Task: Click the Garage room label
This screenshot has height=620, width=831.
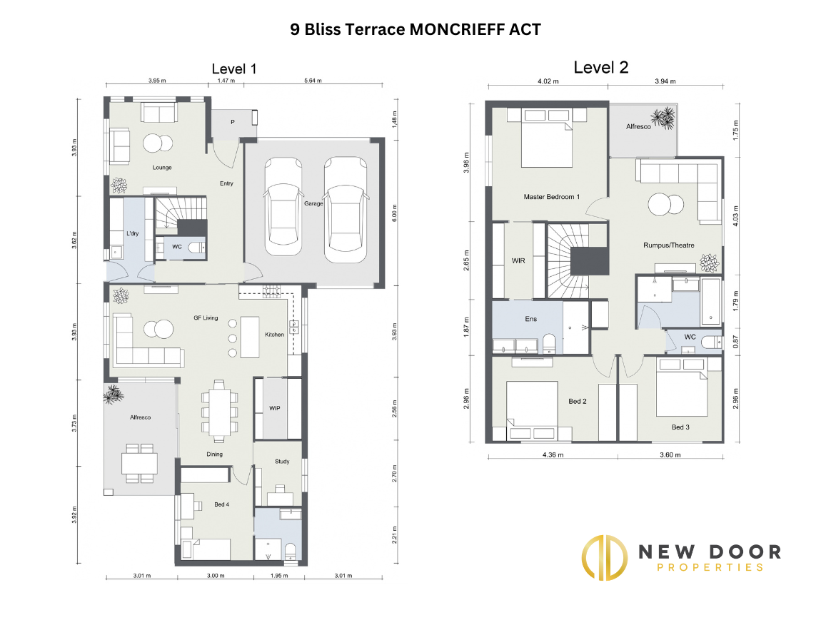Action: [x=313, y=203]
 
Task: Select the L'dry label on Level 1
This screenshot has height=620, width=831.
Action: [x=133, y=233]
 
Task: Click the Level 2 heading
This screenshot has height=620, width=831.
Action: [x=601, y=67]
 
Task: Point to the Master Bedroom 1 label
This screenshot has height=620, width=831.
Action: [x=552, y=196]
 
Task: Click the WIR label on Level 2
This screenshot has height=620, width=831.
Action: [x=518, y=260]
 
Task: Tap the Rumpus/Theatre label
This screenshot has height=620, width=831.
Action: [x=669, y=245]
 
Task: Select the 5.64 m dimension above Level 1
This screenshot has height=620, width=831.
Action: [x=313, y=81]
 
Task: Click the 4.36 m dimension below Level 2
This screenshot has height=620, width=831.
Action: [x=553, y=454]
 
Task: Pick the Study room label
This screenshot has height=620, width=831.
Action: [x=282, y=461]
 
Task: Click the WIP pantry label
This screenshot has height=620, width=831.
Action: [x=275, y=408]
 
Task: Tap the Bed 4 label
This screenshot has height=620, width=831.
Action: [x=221, y=504]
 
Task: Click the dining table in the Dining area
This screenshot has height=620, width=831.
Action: [x=219, y=412]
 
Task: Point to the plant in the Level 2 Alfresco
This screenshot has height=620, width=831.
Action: [x=663, y=118]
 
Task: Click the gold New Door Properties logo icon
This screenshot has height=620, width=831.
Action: [x=605, y=557]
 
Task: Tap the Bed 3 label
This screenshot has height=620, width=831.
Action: [x=680, y=427]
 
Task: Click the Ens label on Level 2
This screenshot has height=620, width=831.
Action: [x=531, y=319]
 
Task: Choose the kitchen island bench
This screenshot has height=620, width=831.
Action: [x=250, y=337]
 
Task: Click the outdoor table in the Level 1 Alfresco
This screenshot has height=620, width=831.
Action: [x=139, y=464]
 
